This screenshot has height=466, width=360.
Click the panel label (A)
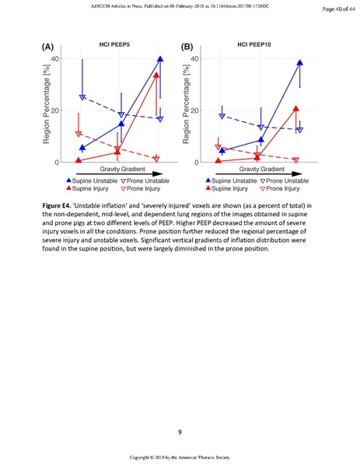(x=47, y=47)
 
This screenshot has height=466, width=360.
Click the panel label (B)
(x=187, y=47)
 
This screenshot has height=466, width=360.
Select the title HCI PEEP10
(x=254, y=46)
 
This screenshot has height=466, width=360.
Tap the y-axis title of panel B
(x=190, y=110)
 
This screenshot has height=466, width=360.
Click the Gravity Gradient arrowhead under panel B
(x=310, y=169)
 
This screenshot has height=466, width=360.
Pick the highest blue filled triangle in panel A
(x=160, y=59)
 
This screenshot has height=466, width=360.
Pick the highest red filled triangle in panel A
(x=156, y=75)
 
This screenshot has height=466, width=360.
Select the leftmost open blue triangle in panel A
(x=82, y=97)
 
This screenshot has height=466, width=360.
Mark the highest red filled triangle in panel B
(x=296, y=109)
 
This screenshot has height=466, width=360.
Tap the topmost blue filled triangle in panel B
(x=299, y=62)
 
